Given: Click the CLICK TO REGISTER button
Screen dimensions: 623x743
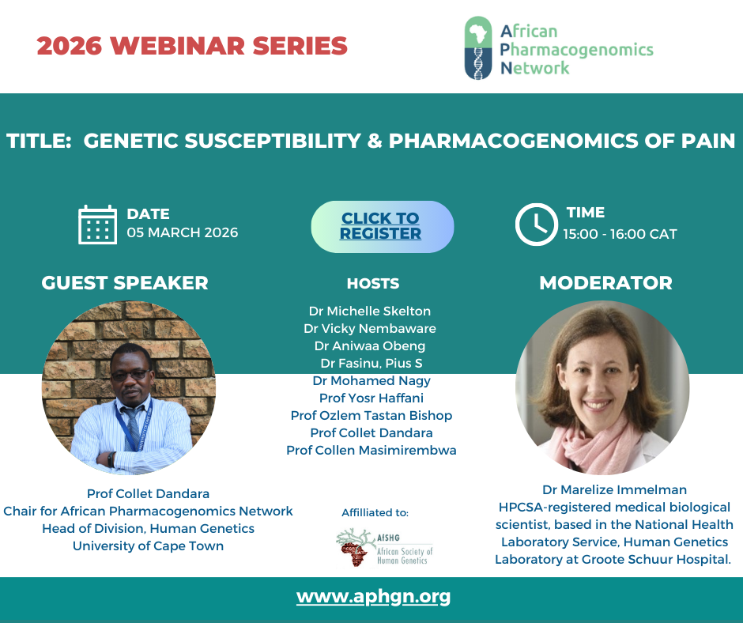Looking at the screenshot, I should click(382, 226).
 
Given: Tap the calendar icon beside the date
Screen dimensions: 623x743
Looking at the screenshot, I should click(98, 225).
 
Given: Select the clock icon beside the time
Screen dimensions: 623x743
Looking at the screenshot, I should click(536, 225).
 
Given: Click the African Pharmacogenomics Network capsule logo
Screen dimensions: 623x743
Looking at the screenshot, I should click(479, 48).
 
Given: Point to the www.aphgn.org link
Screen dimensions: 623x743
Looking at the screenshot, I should click(373, 596).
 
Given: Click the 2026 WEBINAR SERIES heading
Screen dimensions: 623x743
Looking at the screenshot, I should click(192, 46).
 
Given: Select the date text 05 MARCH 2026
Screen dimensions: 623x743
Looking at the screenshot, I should click(183, 232).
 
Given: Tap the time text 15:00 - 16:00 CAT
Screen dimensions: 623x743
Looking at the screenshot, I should click(620, 234).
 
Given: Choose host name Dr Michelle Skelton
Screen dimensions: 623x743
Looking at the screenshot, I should click(370, 311).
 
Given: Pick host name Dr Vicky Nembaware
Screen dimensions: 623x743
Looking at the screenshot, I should click(370, 328).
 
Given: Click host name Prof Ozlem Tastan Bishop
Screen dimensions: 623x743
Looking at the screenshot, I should click(371, 415).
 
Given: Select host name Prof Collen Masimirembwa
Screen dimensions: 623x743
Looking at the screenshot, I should click(371, 450).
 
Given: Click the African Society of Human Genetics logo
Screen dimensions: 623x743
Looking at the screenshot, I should click(384, 546).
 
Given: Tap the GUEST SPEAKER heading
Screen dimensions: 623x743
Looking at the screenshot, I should click(125, 283).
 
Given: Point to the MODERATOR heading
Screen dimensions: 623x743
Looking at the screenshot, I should click(605, 283).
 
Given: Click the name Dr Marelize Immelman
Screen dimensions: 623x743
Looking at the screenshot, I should click(613, 489).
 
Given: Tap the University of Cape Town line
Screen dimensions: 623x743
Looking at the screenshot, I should click(148, 546).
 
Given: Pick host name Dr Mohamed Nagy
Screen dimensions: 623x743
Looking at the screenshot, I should click(371, 380).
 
